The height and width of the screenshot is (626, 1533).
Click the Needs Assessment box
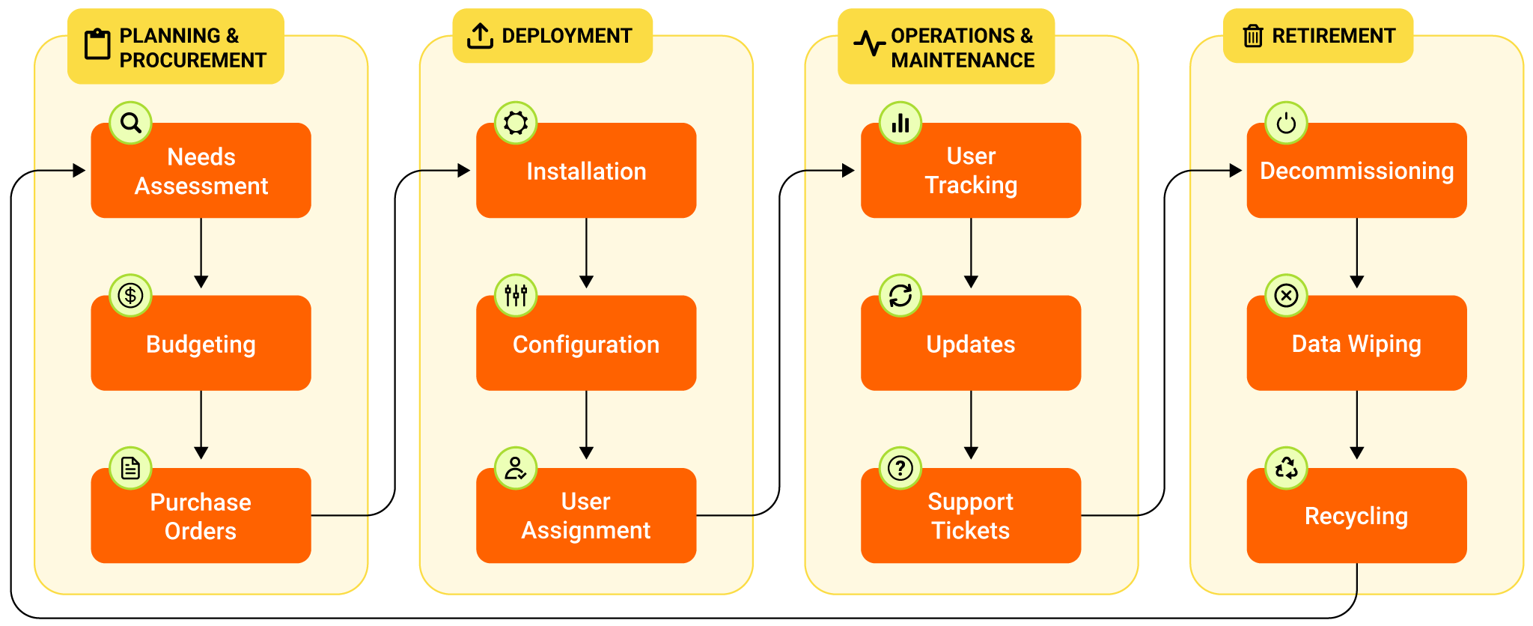(201, 171)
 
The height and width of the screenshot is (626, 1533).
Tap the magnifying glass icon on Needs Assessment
(131, 123)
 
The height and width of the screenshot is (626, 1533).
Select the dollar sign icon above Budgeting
(131, 296)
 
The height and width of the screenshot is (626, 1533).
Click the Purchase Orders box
(201, 516)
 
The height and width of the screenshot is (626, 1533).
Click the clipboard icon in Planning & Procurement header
(97, 44)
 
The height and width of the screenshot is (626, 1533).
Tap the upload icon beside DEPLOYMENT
(480, 36)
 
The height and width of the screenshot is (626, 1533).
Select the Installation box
(586, 171)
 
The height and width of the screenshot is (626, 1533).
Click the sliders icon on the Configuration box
(516, 296)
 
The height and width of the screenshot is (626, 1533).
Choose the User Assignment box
(586, 516)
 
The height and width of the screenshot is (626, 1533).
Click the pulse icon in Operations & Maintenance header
(869, 43)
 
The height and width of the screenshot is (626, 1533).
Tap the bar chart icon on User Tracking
(900, 123)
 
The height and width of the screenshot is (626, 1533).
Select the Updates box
(971, 344)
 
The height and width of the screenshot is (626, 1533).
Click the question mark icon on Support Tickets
(900, 469)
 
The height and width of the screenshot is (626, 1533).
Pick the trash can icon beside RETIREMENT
(1253, 36)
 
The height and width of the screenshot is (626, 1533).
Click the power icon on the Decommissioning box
(1286, 123)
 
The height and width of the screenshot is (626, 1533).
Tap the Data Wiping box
(1356, 344)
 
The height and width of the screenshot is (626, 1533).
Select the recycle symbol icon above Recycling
(1286, 469)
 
